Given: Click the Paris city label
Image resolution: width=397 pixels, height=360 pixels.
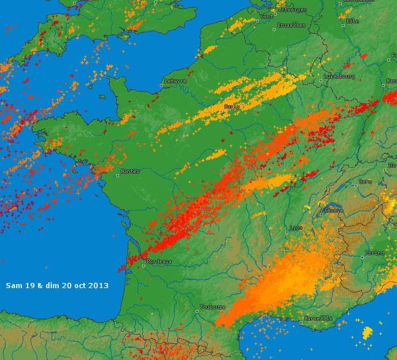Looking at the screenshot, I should pos(232,106).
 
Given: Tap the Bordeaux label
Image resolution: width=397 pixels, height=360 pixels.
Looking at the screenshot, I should pos(159,261).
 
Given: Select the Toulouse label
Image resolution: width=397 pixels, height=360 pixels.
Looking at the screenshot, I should pos(213,307).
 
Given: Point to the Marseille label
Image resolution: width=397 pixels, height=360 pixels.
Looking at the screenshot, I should pos(318,318).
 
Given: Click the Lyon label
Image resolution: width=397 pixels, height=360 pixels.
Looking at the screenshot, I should pos(296,228).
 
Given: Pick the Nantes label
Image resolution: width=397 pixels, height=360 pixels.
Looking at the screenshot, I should pos(130,171).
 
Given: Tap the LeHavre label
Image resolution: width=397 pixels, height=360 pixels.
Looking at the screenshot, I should pos(175,81).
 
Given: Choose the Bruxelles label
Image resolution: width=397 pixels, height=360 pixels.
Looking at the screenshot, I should pos(291,25).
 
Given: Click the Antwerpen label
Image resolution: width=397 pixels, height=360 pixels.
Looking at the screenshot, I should pos(292,10).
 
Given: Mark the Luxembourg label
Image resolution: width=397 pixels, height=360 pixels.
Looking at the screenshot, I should pos(339,76).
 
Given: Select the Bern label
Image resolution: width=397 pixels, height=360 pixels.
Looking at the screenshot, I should pos(365,182).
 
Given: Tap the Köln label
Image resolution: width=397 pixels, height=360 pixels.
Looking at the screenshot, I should pos(353,21).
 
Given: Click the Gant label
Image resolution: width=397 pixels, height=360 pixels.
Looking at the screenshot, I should pos(267,17).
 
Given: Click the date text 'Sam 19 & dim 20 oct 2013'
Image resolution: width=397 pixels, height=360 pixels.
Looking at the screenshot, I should pos(57,285).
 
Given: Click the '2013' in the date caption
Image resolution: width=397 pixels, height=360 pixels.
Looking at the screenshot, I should pos(99,285).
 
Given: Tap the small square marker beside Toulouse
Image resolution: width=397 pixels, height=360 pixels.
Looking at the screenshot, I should pos(197,311).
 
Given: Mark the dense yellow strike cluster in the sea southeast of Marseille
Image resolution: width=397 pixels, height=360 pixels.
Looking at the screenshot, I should pos(367,332).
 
